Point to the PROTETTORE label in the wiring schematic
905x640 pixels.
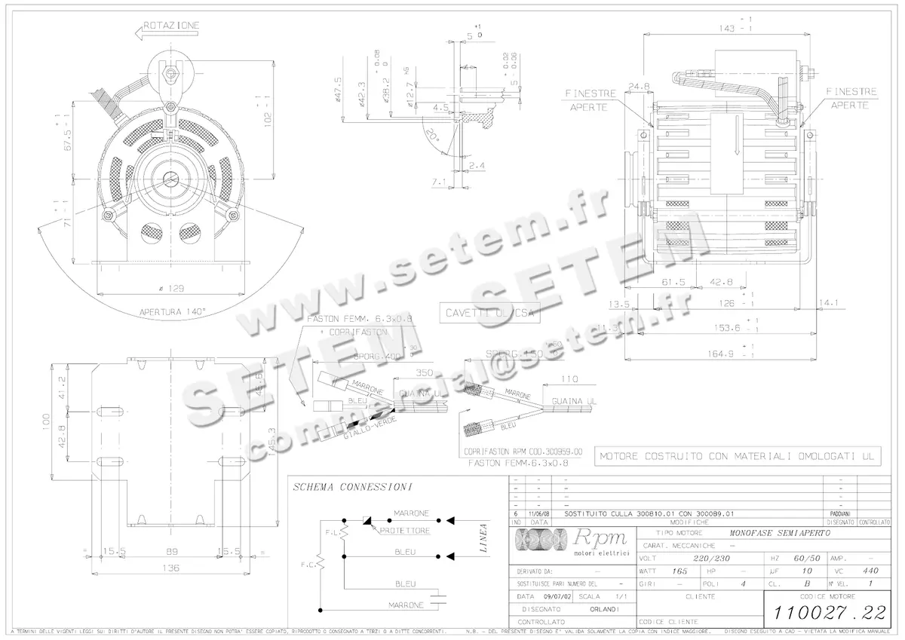point(404,531)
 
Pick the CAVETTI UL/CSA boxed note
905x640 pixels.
point(489,313)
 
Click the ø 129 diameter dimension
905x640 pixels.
point(173,289)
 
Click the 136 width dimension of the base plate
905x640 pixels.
point(173,568)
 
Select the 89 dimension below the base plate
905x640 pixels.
point(173,552)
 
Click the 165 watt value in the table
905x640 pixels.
point(680,571)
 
